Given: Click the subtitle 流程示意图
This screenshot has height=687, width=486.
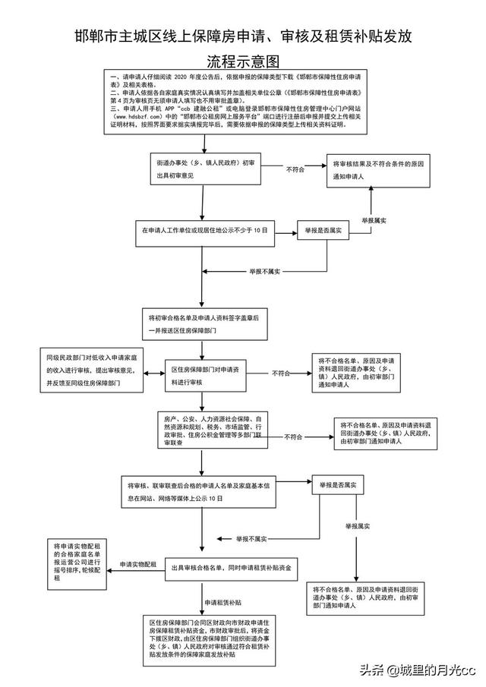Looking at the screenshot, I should (x=243, y=60).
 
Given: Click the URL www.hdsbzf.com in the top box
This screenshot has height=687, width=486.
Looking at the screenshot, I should (x=136, y=118).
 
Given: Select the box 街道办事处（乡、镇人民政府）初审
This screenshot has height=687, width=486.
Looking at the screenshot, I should (x=202, y=169).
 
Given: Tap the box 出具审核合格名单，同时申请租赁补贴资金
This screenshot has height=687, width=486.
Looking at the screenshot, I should (x=234, y=568).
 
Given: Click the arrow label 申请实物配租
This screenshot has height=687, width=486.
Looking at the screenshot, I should (x=138, y=563).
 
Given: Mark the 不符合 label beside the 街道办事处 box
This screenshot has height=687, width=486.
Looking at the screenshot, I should (x=295, y=171).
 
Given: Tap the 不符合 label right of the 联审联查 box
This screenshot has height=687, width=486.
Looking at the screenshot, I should (x=293, y=437).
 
